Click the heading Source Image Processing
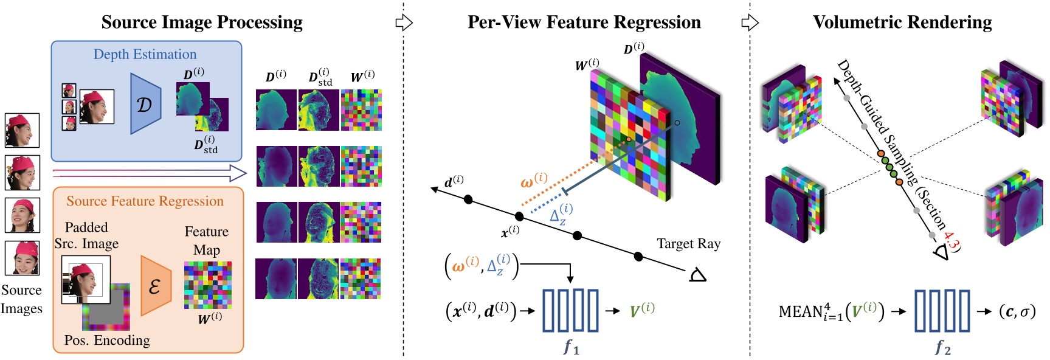(202, 22)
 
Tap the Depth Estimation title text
(145, 54)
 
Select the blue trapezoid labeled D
(145, 104)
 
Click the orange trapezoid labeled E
(155, 285)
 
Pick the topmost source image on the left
(22, 130)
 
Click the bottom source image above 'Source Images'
(22, 258)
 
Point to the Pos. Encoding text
(107, 340)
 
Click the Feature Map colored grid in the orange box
(207, 285)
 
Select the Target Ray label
(688, 244)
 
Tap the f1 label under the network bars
(571, 347)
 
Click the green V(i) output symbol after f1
(642, 310)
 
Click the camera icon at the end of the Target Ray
(697, 275)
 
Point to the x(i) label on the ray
(510, 231)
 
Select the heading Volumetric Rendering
(902, 22)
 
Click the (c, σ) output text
(1017, 311)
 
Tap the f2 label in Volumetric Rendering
(942, 347)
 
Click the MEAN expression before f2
(831, 311)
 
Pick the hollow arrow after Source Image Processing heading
(404, 23)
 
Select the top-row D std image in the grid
(319, 110)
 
